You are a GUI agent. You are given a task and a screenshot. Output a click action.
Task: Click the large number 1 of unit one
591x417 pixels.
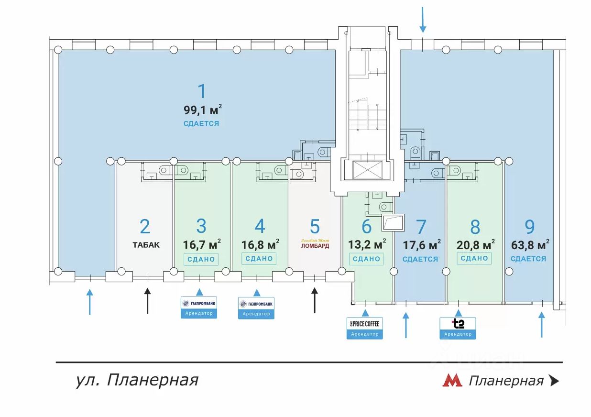pyautogui.click(x=202, y=91)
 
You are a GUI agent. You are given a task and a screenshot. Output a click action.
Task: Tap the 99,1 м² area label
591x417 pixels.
pyautogui.click(x=202, y=110)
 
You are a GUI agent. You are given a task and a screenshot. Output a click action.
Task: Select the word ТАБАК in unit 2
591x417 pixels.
pyautogui.click(x=146, y=245)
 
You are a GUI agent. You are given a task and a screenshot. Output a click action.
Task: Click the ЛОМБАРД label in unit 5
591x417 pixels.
pyautogui.click(x=315, y=246)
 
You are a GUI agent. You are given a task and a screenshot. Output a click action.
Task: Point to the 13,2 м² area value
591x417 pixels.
pyautogui.click(x=367, y=245)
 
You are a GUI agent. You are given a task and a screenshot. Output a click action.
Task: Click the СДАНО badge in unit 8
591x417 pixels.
pyautogui.click(x=475, y=258)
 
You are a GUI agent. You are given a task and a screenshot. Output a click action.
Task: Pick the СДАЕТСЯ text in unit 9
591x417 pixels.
pyautogui.click(x=528, y=259)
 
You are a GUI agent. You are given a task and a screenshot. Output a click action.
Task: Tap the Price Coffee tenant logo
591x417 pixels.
pyautogui.click(x=365, y=324)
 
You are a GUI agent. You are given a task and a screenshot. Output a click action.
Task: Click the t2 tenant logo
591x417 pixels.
pyautogui.click(x=458, y=324)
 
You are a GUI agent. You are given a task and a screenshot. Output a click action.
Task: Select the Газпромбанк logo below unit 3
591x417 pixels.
pyautogui.click(x=199, y=303)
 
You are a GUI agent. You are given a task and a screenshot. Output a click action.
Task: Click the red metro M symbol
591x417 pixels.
pyautogui.click(x=452, y=381)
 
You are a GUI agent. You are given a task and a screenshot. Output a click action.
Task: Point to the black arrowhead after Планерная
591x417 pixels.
pyautogui.click(x=554, y=381)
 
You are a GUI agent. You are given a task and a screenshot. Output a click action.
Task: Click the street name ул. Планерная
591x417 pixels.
pyautogui.click(x=137, y=380)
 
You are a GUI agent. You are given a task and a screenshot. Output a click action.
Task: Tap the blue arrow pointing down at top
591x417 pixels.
pyautogui.click(x=422, y=19)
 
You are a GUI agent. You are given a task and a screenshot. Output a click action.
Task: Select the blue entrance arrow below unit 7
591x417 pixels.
pyautogui.click(x=406, y=325)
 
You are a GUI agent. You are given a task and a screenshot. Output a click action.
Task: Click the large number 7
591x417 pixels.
pyautogui.click(x=421, y=226)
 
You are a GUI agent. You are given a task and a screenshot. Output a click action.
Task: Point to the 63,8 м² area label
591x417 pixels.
pyautogui.click(x=529, y=245)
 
